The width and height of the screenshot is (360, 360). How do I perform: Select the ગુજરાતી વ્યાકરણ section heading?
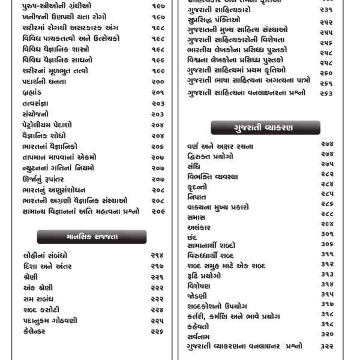point(265,127)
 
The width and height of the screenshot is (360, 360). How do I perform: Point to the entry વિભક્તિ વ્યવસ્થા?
point(213,176)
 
